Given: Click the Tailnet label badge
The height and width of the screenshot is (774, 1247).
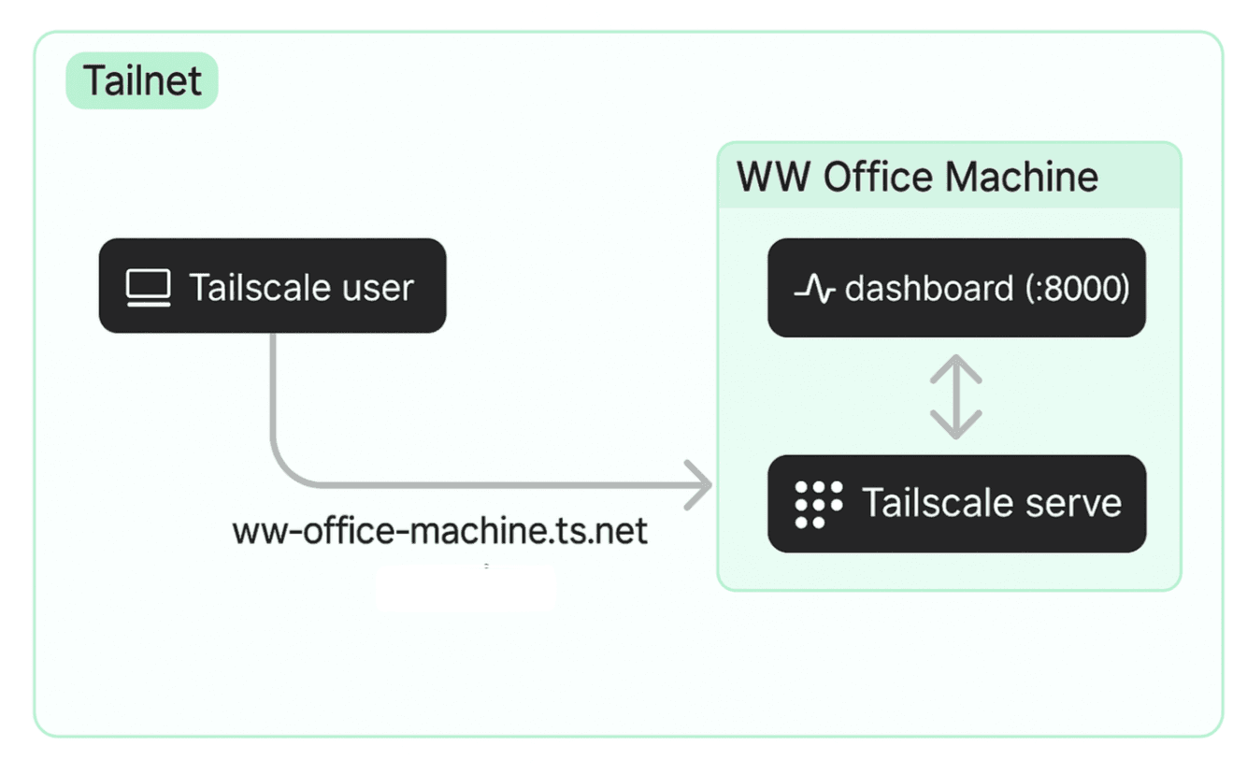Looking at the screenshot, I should (x=141, y=80).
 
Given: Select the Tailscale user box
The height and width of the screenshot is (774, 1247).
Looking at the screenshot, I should (x=272, y=286).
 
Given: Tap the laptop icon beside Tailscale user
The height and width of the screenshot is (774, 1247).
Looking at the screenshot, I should (x=149, y=288).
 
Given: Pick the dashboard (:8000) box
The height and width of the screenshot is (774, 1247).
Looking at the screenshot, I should (x=956, y=288).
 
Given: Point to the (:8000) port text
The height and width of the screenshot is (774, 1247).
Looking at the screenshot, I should (x=1075, y=289).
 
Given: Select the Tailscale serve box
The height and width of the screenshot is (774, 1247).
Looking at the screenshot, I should (x=956, y=504).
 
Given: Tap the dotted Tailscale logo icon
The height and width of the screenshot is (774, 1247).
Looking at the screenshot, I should (x=818, y=505).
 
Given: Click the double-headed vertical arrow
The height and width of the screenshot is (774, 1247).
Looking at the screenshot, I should (x=955, y=396).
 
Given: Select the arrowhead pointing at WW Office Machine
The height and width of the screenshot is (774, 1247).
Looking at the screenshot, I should (x=699, y=485).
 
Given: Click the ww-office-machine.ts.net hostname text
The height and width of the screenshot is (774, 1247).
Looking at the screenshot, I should (x=439, y=531).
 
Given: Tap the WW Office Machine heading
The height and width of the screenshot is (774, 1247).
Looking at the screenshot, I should (x=917, y=177).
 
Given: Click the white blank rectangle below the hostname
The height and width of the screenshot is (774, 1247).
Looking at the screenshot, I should (x=465, y=587).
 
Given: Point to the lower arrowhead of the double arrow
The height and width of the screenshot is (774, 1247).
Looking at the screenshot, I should (x=955, y=427).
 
